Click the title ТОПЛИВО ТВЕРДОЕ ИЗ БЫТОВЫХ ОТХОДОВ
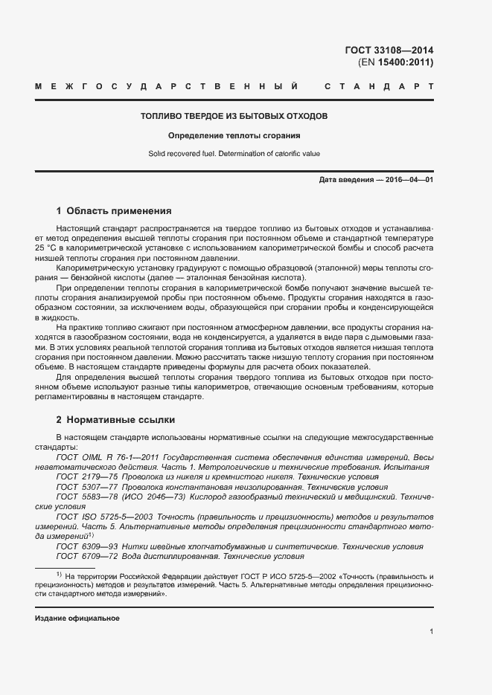tap(234, 117)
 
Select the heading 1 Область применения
tap(114, 210)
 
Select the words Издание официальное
tap(77, 618)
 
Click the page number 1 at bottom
tap(432, 632)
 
